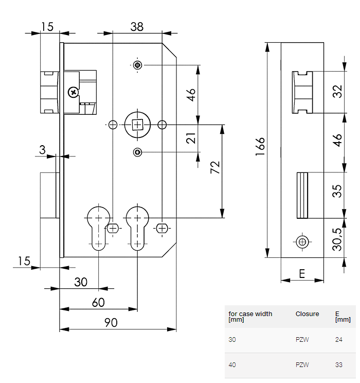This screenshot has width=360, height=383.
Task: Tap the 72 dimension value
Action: click(x=215, y=167)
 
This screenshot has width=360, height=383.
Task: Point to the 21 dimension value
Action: click(x=191, y=138)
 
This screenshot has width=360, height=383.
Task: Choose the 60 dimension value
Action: click(x=98, y=302)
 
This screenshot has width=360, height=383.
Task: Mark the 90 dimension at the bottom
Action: click(x=111, y=323)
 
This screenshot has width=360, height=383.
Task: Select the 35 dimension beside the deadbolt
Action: click(x=337, y=192)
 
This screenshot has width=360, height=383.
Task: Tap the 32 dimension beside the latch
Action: click(x=337, y=92)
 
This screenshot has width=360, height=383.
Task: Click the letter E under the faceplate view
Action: click(x=302, y=273)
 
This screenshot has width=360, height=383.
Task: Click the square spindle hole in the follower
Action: click(x=137, y=125)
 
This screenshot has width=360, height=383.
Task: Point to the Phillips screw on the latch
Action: click(x=74, y=93)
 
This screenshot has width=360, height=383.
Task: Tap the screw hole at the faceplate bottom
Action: click(x=302, y=242)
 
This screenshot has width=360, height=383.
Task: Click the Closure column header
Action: click(x=307, y=314)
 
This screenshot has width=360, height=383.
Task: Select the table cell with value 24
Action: click(x=338, y=340)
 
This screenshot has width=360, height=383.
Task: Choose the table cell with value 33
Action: click(x=338, y=365)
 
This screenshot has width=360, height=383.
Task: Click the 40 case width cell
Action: click(x=232, y=365)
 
